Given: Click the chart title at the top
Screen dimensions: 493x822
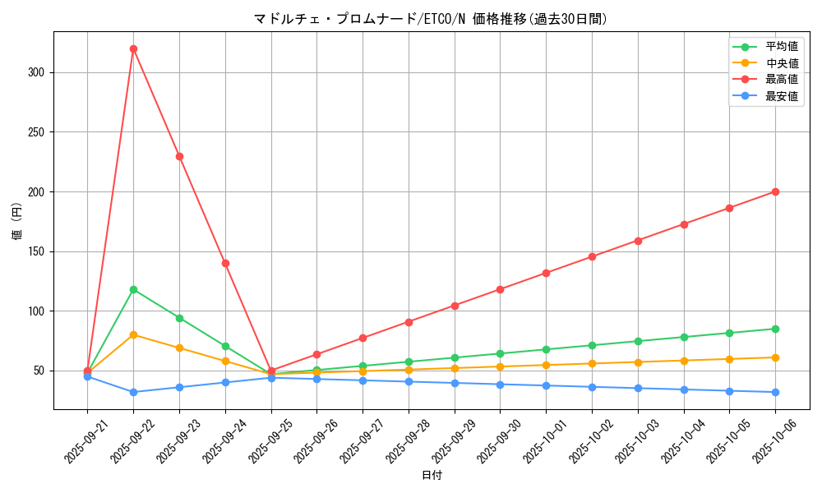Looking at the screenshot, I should tap(432, 19).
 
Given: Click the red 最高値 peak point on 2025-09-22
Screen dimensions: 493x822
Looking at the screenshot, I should tap(133, 48).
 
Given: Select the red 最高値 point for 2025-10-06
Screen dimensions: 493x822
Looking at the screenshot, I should tap(775, 191).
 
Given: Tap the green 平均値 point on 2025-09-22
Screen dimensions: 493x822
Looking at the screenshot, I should tap(133, 289).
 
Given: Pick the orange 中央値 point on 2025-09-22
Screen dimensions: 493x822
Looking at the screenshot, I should tap(133, 334).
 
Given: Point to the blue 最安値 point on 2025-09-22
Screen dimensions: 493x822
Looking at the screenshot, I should tap(133, 392).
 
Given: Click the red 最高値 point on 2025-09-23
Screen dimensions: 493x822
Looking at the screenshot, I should tap(179, 156).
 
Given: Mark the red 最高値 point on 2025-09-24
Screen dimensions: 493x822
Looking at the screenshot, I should tap(225, 263).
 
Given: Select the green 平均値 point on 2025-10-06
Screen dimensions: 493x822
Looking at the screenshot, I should tap(775, 329).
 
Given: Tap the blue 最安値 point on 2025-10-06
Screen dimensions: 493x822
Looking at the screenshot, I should tap(775, 392).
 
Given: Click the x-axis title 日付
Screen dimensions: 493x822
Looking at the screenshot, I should tap(432, 476).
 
